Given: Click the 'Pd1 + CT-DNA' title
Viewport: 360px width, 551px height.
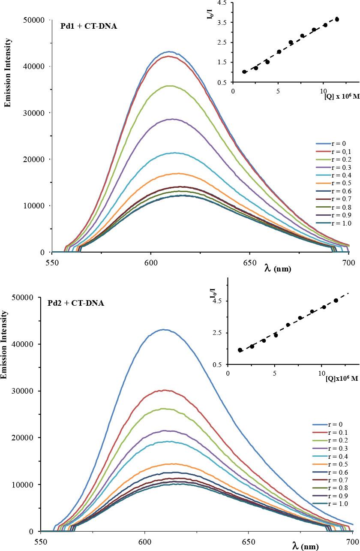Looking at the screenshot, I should pos(89,26).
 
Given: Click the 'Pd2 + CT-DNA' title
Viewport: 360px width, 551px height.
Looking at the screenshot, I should pos(76,303).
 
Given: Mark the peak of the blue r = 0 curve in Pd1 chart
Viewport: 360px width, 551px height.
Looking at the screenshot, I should pos(170,52).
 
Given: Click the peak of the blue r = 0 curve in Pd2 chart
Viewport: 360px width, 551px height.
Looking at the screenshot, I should pos(164,329).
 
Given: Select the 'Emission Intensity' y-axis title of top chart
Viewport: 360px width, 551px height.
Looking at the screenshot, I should pos(7,66).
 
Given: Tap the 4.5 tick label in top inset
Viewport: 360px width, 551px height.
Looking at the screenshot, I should pos(222,3).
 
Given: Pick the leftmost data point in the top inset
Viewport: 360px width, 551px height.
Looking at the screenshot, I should pos(244,72).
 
